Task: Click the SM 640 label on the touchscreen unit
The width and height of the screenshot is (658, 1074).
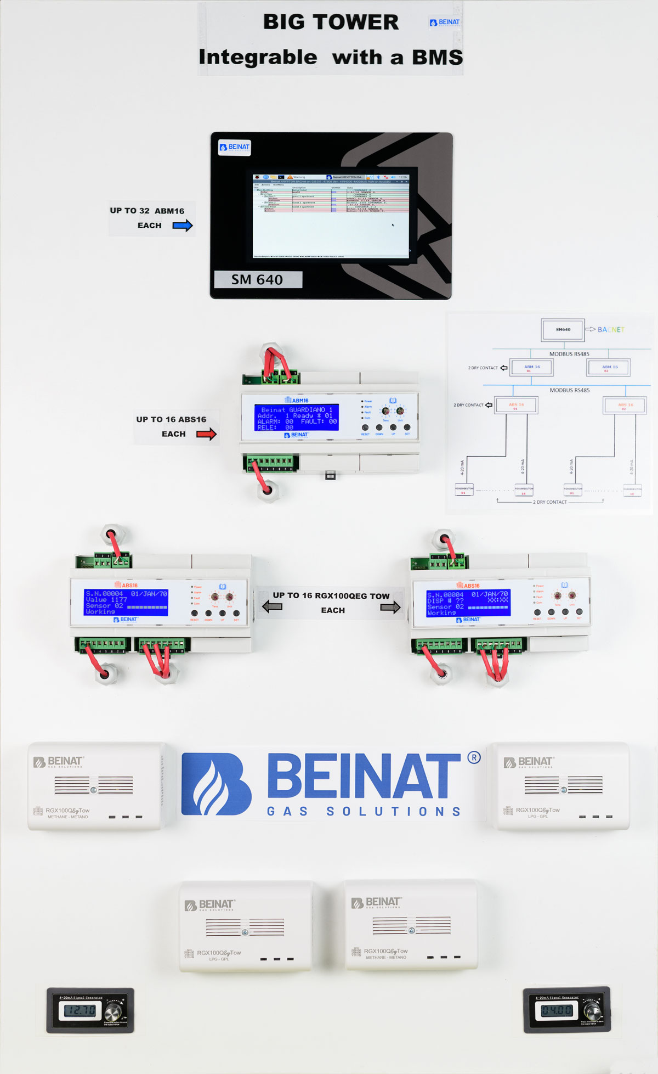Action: (x=257, y=279)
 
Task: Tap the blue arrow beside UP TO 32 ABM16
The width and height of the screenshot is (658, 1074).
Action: (x=183, y=225)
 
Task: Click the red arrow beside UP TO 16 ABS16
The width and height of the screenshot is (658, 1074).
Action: (x=206, y=434)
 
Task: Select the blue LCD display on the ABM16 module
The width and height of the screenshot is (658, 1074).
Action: (x=296, y=417)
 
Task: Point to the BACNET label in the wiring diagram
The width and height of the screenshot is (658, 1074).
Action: (x=610, y=329)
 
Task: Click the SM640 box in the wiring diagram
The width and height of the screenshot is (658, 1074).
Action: (x=563, y=329)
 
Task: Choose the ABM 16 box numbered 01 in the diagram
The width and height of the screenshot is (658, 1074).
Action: (x=531, y=367)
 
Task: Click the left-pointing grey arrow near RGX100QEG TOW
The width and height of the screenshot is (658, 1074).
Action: (x=272, y=606)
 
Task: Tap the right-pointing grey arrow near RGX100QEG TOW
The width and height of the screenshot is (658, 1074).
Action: (x=390, y=607)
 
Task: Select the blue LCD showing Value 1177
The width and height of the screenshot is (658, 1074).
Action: (x=126, y=602)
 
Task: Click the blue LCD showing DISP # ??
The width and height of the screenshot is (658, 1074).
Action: (x=468, y=603)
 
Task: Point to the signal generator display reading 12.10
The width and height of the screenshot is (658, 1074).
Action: (x=80, y=1010)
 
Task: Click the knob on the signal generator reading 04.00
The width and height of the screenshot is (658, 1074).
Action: (x=592, y=1010)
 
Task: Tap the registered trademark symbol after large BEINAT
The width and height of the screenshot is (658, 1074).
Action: (x=474, y=758)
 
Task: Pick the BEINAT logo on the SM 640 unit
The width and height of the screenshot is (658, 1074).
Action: (x=235, y=147)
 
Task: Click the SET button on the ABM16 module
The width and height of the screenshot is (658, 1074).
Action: (x=407, y=428)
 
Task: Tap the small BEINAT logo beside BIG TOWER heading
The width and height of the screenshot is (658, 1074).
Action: (x=445, y=23)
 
